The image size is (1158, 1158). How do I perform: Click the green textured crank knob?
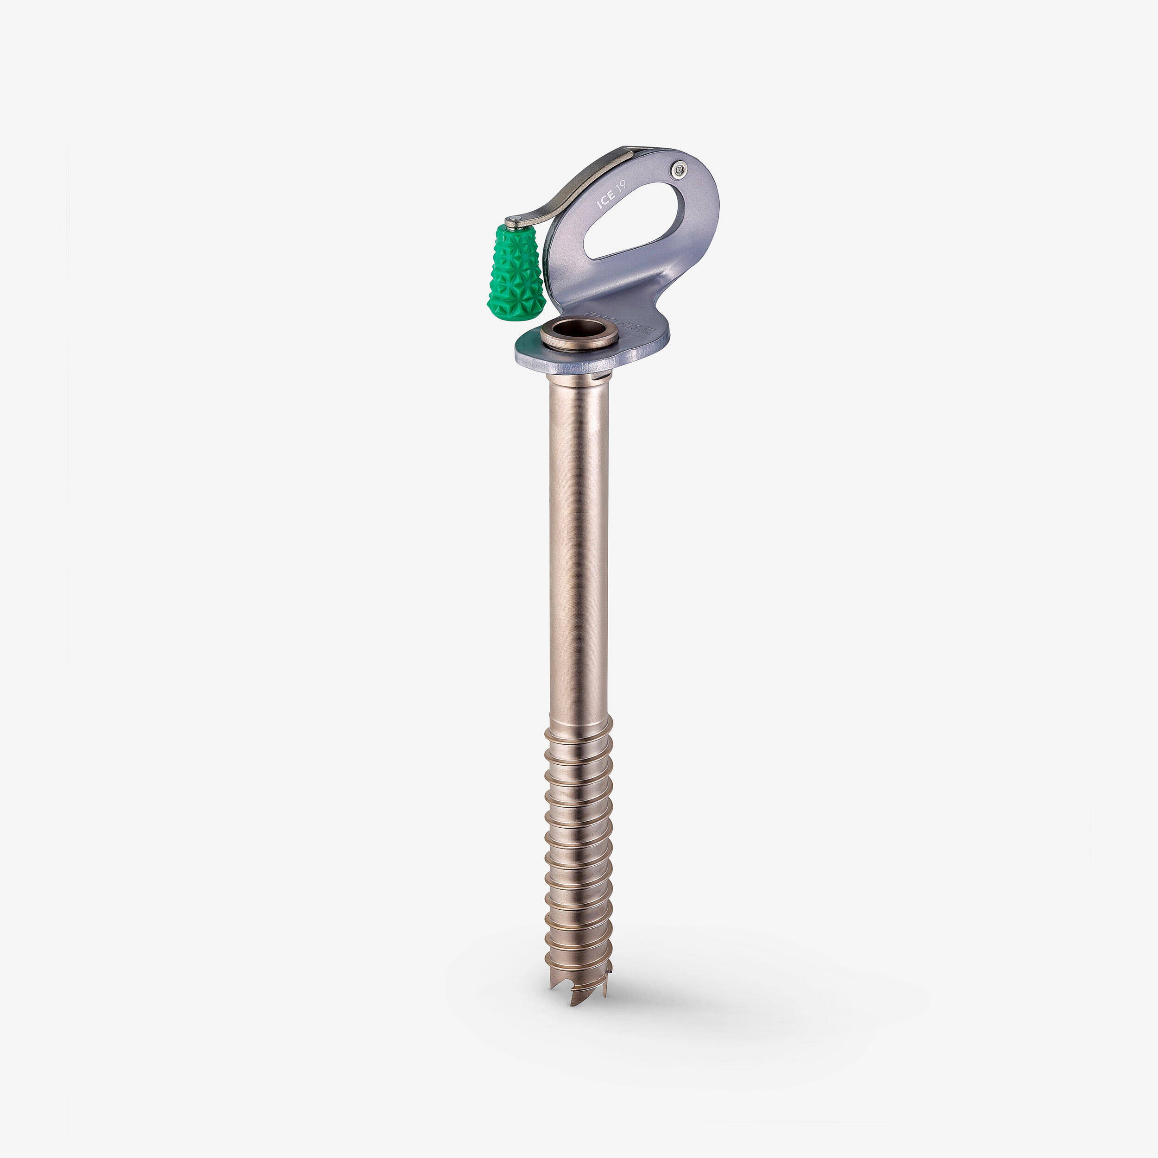[x=516, y=273]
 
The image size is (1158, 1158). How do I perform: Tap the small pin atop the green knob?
[x=513, y=222]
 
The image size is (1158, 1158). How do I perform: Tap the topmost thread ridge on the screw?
[x=579, y=732]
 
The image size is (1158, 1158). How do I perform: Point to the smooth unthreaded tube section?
[x=579, y=540]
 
